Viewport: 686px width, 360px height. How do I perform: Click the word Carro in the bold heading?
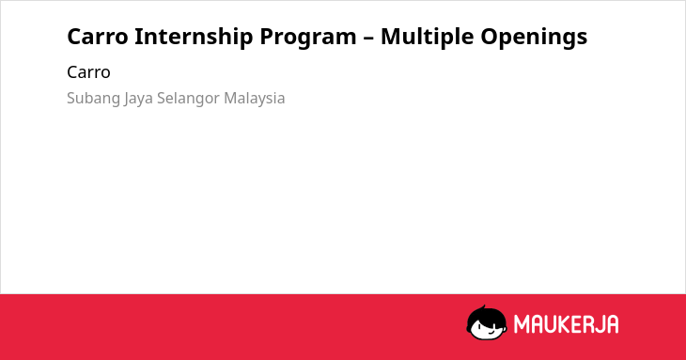[x=98, y=37]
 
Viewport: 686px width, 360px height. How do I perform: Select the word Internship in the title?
[x=194, y=37]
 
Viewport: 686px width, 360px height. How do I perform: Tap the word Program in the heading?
[x=308, y=38]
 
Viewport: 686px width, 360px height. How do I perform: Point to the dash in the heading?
[x=368, y=38]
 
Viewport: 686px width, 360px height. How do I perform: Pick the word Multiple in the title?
[x=427, y=38]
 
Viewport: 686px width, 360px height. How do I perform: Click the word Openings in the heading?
[x=534, y=38]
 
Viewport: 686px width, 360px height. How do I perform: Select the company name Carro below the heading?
[x=88, y=72]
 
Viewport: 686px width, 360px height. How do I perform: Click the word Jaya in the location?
[x=138, y=99]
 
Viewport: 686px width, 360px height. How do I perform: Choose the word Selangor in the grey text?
[x=188, y=99]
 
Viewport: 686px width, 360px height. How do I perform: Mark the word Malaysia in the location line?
[x=254, y=99]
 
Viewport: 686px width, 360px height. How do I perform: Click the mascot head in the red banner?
[x=487, y=323]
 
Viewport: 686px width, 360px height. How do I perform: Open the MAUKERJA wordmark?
[x=566, y=324]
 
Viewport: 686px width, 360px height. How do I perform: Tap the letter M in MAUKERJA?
[x=522, y=324]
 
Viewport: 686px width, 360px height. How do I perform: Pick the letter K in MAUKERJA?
[x=563, y=324]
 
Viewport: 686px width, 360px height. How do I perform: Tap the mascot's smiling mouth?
[x=491, y=333]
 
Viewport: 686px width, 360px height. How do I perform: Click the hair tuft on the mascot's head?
[x=483, y=307]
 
